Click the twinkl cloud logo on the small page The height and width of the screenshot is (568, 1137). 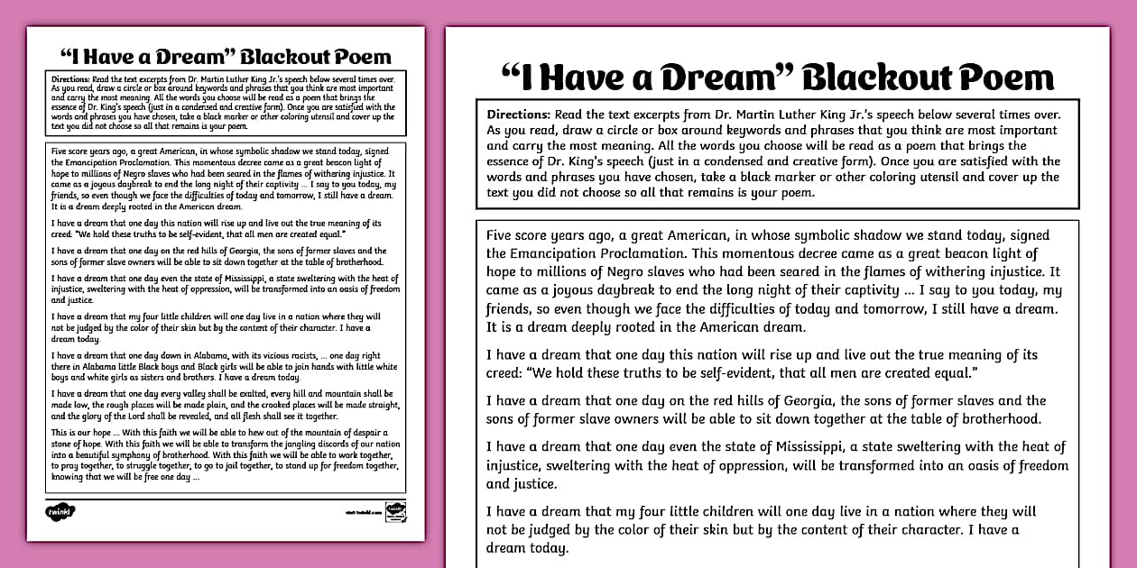click(60, 512)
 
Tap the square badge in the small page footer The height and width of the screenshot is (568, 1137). click(394, 511)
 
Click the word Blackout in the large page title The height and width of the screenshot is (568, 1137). click(870, 78)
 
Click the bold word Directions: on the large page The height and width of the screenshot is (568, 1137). click(519, 115)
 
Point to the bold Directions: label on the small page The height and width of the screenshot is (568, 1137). click(70, 79)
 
